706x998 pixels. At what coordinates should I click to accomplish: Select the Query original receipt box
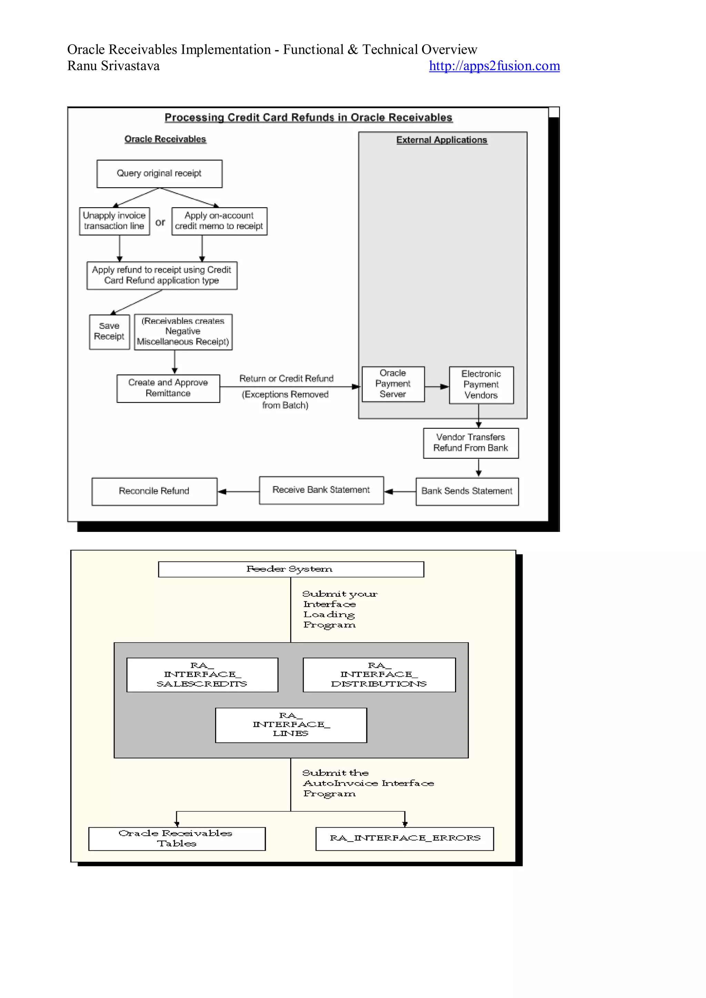(159, 173)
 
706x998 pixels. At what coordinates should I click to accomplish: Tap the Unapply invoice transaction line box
(114, 221)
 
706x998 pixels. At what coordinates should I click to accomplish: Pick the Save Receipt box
(109, 331)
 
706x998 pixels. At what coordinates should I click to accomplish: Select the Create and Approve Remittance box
(168, 388)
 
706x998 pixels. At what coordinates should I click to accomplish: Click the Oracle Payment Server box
(393, 383)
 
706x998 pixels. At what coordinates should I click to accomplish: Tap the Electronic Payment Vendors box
(481, 384)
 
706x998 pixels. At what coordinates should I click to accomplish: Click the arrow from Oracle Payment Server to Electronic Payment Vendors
(436, 386)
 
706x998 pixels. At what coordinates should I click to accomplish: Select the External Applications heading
(441, 140)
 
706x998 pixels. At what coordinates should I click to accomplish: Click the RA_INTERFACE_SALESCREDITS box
(202, 675)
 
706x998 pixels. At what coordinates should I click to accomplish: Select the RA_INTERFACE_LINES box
(291, 725)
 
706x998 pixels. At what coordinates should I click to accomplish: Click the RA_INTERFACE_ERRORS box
(404, 838)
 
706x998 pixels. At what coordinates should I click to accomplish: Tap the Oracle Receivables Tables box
(176, 838)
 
